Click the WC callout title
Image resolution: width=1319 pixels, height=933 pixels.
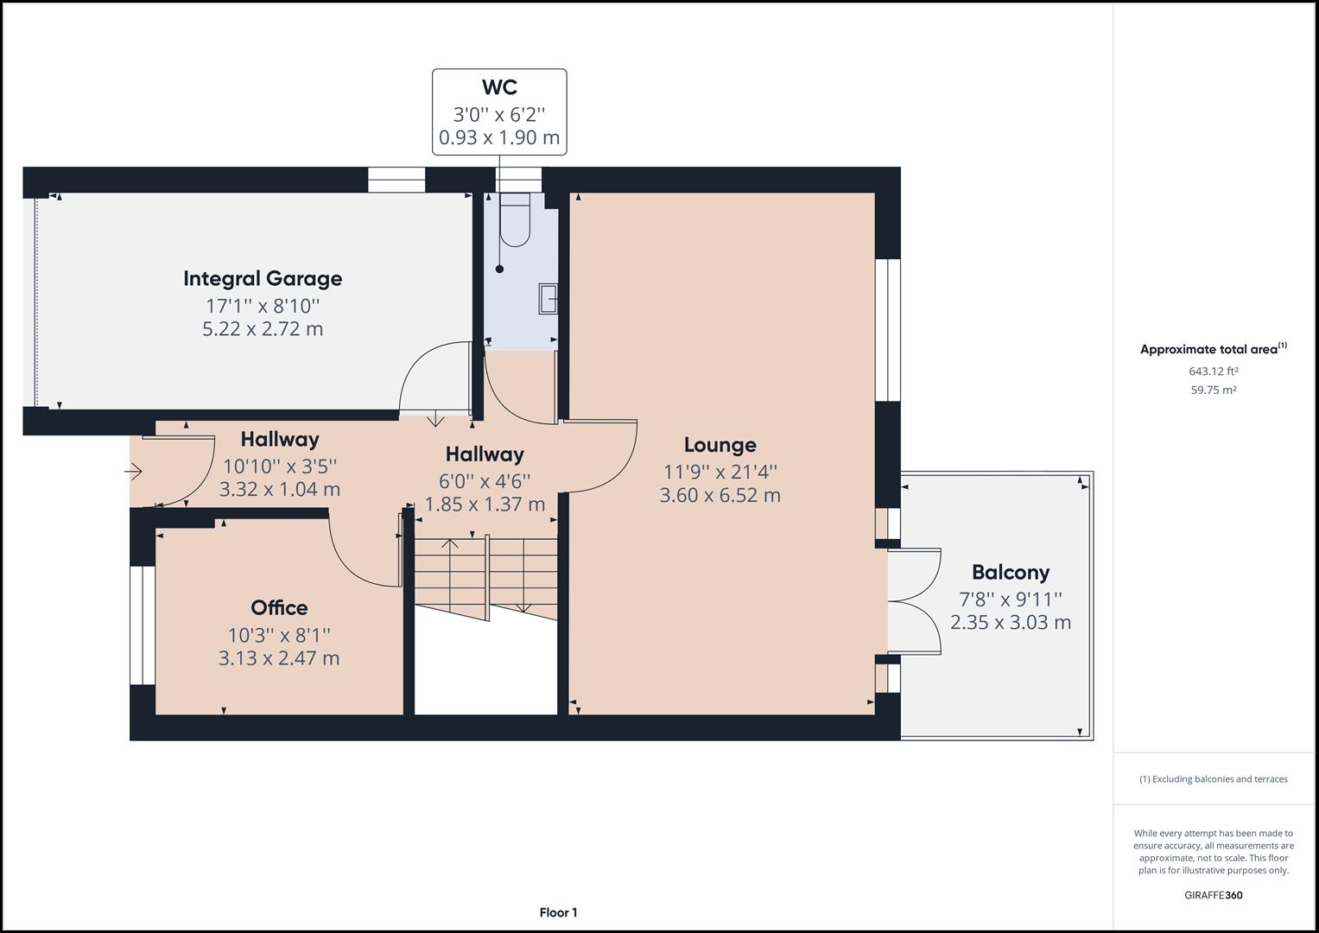tap(499, 87)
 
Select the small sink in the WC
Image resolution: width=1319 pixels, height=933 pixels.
tap(548, 298)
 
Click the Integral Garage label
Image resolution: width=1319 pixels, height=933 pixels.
tap(263, 278)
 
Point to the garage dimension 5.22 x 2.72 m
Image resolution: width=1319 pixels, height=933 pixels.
tap(263, 329)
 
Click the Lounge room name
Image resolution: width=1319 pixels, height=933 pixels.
tap(720, 445)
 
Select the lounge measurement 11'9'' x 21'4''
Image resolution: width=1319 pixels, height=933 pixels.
tap(720, 472)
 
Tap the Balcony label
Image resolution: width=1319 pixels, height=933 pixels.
tap(1010, 572)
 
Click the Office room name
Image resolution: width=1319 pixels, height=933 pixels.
tap(279, 607)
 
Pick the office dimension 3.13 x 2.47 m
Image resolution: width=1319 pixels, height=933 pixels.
tap(279, 658)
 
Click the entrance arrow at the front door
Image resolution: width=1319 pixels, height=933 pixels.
tap(133, 472)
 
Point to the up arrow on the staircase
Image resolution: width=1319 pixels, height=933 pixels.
tap(449, 545)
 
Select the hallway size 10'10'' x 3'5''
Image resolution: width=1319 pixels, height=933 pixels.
tap(280, 466)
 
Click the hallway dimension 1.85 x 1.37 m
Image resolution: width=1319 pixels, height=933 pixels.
tap(485, 505)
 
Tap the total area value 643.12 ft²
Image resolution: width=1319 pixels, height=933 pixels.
tap(1213, 371)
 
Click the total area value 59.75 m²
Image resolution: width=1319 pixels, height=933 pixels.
tap(1213, 390)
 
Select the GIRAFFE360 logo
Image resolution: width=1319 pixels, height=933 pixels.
tap(1213, 895)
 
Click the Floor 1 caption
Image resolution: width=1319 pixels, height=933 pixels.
tap(558, 912)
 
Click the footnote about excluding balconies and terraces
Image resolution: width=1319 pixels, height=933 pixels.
tap(1213, 779)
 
